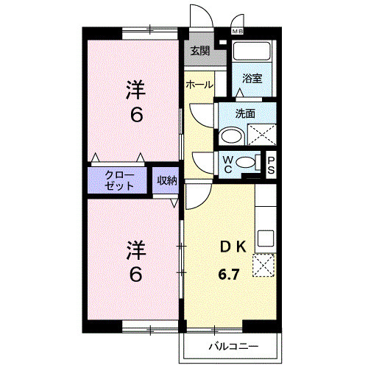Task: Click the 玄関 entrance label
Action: point(199,51)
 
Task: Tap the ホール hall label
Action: point(199,85)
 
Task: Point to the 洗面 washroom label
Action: point(245,113)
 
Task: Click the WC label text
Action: point(228,164)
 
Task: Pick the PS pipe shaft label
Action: point(271,164)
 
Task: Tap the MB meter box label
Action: point(238,32)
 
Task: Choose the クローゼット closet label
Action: point(119,180)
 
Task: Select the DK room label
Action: point(233,247)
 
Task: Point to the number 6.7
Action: point(228,275)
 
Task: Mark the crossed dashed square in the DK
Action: point(264,266)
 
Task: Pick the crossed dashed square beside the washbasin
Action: point(261,134)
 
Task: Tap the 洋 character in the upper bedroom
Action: point(134,90)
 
